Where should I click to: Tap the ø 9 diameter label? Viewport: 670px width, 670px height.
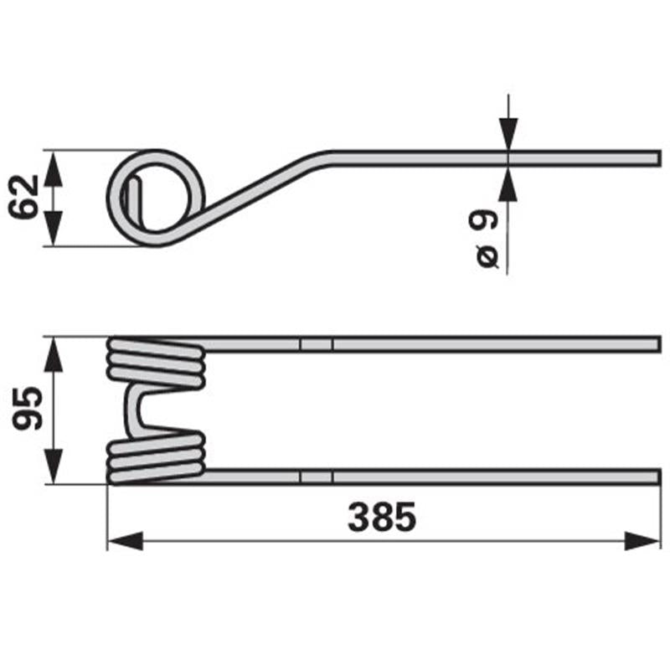(x=485, y=239)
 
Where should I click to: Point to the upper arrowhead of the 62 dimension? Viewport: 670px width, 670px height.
(x=53, y=167)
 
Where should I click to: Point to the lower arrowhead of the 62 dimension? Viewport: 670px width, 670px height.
(x=53, y=230)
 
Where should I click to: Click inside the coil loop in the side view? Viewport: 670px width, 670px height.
(x=157, y=198)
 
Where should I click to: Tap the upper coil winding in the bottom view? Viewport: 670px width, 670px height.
(x=157, y=363)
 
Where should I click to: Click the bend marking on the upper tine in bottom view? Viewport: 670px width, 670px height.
(x=316, y=344)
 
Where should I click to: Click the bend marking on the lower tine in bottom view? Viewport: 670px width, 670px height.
(x=316, y=477)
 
